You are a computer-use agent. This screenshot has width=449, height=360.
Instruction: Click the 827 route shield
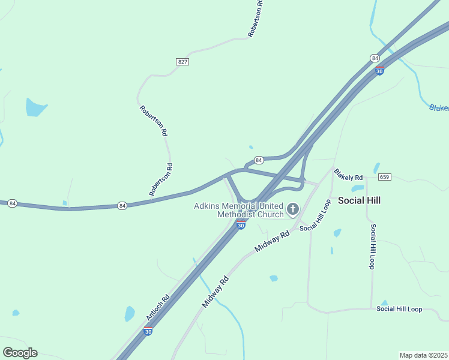(x=183, y=62)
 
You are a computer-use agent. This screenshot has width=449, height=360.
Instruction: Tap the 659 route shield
(x=385, y=177)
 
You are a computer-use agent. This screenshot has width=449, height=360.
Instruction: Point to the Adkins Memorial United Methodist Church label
(x=238, y=210)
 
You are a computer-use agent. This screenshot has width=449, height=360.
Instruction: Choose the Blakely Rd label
(x=349, y=175)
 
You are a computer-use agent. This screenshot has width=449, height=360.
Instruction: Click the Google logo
(x=20, y=353)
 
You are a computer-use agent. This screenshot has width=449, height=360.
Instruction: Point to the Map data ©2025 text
(x=424, y=355)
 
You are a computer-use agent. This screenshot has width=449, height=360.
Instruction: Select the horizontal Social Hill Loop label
(x=399, y=309)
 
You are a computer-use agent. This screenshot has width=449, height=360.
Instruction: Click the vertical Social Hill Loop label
(x=373, y=247)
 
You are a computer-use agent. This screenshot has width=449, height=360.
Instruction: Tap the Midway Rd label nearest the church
(x=272, y=241)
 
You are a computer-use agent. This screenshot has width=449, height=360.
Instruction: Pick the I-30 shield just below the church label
(x=241, y=224)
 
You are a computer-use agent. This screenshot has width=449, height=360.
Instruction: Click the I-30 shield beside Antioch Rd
(x=148, y=331)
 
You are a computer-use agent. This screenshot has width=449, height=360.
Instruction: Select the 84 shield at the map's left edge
(x=12, y=203)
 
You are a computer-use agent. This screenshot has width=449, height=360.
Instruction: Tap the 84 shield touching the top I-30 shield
(x=375, y=58)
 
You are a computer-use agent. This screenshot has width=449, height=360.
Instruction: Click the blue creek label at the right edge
(x=439, y=107)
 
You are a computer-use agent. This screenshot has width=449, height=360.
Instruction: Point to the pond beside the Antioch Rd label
(x=130, y=313)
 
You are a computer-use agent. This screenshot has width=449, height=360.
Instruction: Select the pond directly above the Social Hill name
(x=358, y=188)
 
